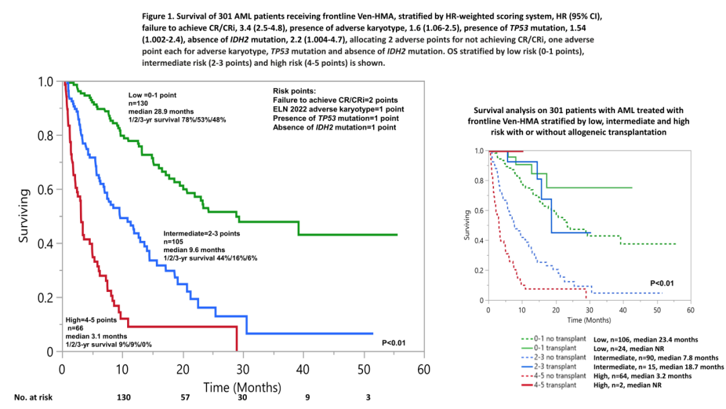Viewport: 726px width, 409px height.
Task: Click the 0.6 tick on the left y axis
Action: coord(46,190)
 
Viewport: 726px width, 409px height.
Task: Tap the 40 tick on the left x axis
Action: coord(302,369)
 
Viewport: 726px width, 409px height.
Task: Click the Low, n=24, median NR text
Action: coord(636,348)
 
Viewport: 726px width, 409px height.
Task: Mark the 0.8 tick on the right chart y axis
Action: coord(479,180)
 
